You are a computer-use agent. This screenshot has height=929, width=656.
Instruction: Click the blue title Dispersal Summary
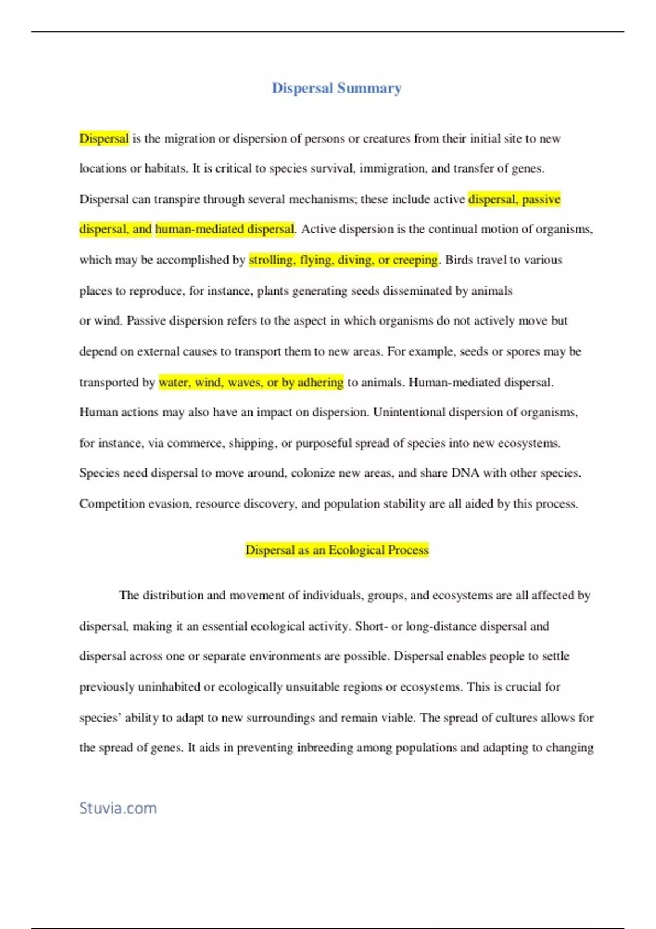pos(337,88)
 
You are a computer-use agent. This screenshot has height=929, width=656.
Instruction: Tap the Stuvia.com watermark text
pos(118,808)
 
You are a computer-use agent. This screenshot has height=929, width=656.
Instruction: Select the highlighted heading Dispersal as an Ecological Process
pos(337,550)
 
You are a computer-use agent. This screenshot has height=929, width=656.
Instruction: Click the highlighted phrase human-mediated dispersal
pos(225,229)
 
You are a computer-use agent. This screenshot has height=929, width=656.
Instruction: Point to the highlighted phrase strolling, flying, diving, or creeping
pos(343,260)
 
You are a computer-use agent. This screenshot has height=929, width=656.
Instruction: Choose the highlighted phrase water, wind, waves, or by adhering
pos(251,382)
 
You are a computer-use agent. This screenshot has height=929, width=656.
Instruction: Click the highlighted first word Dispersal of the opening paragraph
pos(104,138)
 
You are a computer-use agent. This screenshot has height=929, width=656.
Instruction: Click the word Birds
pos(459,260)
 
